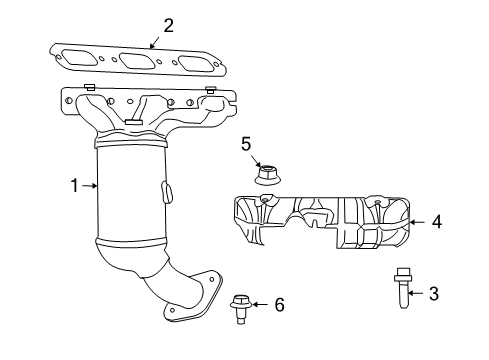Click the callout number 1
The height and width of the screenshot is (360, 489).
click(74, 185)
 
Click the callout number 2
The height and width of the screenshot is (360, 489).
click(168, 25)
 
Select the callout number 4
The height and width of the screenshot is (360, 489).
click(436, 223)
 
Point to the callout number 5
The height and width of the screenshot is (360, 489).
click(245, 144)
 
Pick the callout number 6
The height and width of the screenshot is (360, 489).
click(279, 303)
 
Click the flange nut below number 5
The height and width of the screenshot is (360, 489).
click(265, 175)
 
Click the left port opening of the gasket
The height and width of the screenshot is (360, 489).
click(81, 59)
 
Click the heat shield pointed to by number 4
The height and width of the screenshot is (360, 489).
click(320, 222)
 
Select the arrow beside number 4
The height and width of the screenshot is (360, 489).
click(419, 223)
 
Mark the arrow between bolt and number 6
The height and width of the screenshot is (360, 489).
click(261, 303)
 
